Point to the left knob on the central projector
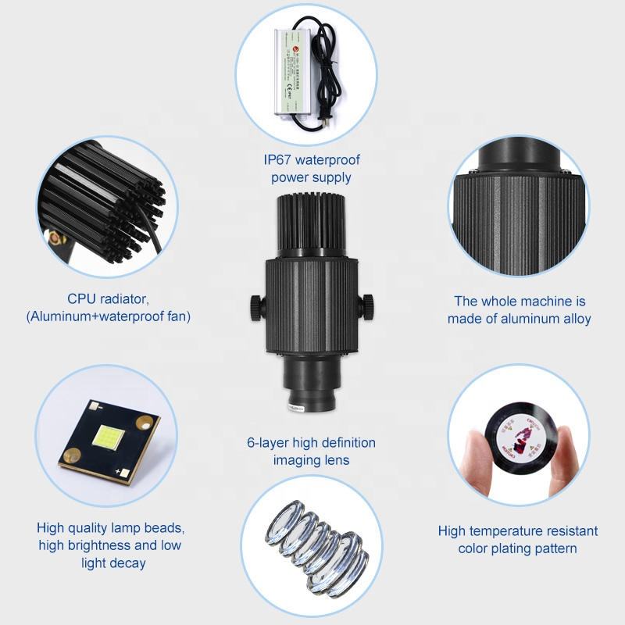258,306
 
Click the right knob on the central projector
366,305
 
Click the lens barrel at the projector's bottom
311,383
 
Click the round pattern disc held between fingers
518,441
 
